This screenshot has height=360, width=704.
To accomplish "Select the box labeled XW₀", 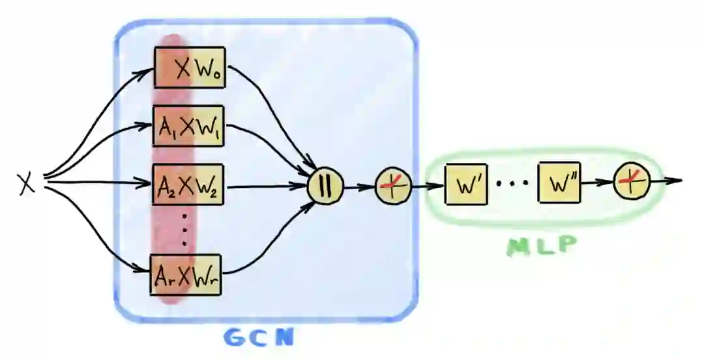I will coord(190,68).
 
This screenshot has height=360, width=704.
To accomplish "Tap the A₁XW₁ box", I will coord(188,127).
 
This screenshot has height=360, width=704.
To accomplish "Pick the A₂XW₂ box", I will coord(188,185).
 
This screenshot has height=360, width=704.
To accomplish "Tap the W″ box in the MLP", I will coord(559,185).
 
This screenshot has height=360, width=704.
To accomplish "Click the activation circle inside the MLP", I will coord(632,183).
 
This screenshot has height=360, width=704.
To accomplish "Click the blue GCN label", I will coord(259,337).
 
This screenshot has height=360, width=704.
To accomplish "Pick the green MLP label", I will coord(542,246).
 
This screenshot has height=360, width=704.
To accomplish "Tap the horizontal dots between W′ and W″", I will coord(512,185).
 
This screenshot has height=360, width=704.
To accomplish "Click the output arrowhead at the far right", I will coord(677,180).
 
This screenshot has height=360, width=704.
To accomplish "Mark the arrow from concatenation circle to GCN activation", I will coord(359,187).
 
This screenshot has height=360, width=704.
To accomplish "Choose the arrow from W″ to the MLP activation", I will coord(596,184).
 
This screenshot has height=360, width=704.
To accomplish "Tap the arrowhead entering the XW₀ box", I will coord(149,68).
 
